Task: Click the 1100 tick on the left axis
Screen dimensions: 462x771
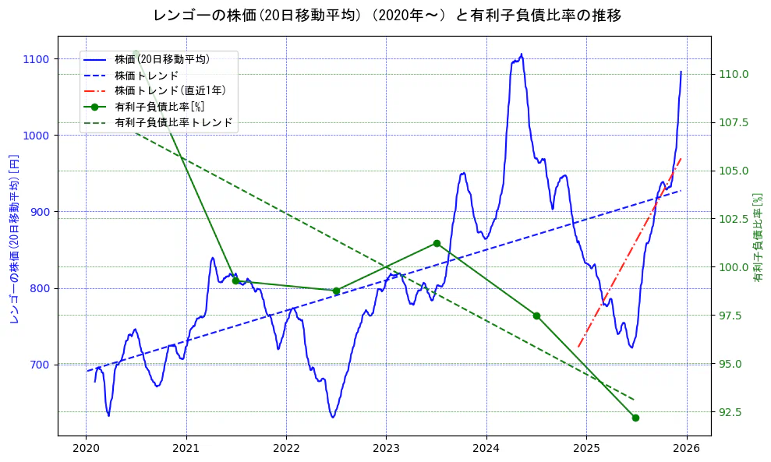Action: click(37, 59)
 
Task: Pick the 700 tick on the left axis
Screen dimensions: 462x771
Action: click(40, 365)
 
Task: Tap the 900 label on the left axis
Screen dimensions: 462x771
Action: click(40, 212)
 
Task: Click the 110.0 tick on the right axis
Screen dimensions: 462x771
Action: click(734, 75)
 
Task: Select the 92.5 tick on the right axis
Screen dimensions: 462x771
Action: click(734, 411)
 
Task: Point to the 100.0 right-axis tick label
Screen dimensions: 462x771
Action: click(734, 267)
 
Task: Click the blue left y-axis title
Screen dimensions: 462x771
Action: click(14, 238)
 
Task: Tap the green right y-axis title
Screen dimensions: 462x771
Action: click(757, 238)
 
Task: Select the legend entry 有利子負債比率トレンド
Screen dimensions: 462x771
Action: click(173, 122)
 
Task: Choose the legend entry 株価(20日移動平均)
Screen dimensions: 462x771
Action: click(161, 58)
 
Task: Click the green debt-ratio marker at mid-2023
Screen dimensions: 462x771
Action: click(437, 243)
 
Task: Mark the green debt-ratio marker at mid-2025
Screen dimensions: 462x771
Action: click(635, 418)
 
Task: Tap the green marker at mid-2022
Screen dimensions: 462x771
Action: click(336, 291)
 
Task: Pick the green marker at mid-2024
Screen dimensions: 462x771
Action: click(536, 316)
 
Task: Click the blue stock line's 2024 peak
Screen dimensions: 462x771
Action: click(522, 55)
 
